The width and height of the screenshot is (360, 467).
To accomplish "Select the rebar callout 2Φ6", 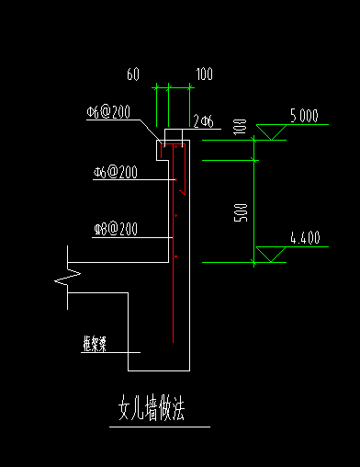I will click(203, 120).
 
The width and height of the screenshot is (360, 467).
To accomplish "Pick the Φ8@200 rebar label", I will click(115, 229).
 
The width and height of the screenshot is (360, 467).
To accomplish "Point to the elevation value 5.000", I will click(304, 117).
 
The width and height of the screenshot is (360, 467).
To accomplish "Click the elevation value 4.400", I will click(304, 239).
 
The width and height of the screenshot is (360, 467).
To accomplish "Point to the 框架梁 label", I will click(95, 344).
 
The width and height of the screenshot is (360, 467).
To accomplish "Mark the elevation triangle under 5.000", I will click(269, 133).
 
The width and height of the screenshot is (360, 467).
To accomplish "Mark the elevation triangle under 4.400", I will click(269, 255).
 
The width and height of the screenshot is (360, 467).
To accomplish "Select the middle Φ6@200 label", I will click(115, 172).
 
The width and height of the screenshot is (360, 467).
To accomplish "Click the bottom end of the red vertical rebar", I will click(174, 342).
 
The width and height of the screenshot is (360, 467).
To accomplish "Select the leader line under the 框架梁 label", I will click(110, 353).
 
